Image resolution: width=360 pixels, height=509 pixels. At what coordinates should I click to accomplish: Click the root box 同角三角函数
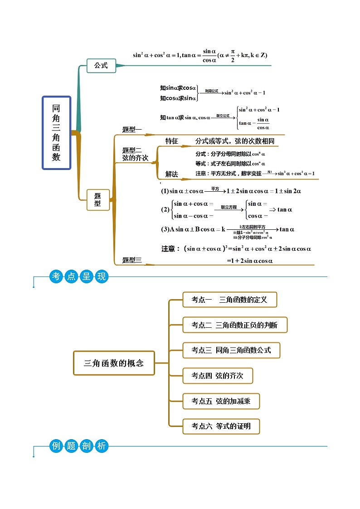[x=57, y=132]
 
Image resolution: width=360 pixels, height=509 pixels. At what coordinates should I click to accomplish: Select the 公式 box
[x=101, y=66]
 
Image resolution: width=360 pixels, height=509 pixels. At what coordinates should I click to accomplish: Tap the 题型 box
[x=98, y=199]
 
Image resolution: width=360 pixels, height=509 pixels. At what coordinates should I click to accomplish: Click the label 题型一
[x=132, y=130]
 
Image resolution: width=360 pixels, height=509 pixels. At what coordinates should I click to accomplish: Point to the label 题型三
[x=132, y=260]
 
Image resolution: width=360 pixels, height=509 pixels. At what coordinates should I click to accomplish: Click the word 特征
[x=172, y=141]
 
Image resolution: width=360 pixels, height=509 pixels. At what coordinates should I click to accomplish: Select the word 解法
[x=172, y=174]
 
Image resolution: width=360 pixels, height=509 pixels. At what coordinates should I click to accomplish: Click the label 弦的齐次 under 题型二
[x=135, y=158]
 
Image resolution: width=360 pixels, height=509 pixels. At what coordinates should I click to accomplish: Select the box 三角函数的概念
[x=114, y=363]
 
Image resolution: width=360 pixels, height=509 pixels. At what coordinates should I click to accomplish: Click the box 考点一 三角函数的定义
[x=229, y=300]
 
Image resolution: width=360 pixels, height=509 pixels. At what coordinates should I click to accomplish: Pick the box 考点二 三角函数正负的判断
[x=235, y=325]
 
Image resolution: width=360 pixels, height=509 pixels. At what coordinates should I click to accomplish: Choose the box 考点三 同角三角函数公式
[x=231, y=350]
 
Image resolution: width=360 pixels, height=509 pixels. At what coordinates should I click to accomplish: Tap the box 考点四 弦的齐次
[x=218, y=376]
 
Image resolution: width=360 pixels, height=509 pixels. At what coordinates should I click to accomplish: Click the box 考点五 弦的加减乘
[x=221, y=401]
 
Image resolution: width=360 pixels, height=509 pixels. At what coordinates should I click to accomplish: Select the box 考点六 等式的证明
[x=221, y=426]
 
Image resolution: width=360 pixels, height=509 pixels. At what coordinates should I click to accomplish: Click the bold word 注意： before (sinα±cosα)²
[x=171, y=248]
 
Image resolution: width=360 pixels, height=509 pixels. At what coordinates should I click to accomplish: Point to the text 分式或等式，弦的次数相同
[x=235, y=141]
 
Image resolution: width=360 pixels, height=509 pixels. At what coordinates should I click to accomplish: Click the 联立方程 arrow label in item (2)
[x=229, y=207]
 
